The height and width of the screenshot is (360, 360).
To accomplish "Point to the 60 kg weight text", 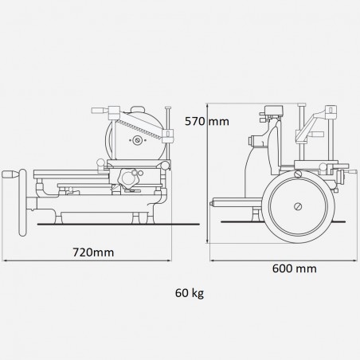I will [x=189, y=292].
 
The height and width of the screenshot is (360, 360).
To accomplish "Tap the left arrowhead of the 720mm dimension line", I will [x=4, y=261].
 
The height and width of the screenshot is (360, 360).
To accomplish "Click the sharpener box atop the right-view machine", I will [x=272, y=111].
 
